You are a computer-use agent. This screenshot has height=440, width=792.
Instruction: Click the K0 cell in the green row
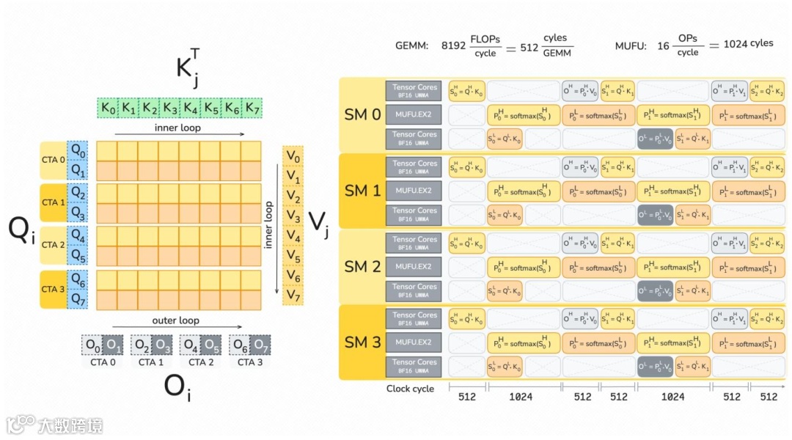108,109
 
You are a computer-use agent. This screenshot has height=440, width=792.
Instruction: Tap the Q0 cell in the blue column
78,151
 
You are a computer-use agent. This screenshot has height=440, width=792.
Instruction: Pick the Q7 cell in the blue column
78,300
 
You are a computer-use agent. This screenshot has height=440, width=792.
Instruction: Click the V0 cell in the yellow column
293,155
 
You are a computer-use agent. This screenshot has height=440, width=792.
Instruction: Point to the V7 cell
293,295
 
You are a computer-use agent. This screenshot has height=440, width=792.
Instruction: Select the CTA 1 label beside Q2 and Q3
54,202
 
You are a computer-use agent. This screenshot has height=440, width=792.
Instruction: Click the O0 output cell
92,344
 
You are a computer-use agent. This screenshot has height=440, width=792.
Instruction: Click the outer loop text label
176,320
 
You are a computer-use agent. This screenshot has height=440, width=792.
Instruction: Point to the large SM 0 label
363,114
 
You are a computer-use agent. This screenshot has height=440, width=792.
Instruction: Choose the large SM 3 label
363,342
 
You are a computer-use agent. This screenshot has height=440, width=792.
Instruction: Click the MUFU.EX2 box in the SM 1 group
414,191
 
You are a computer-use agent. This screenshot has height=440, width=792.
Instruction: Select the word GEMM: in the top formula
411,45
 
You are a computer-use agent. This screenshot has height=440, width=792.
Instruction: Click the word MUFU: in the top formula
630,45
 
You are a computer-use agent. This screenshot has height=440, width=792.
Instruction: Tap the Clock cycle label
410,389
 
